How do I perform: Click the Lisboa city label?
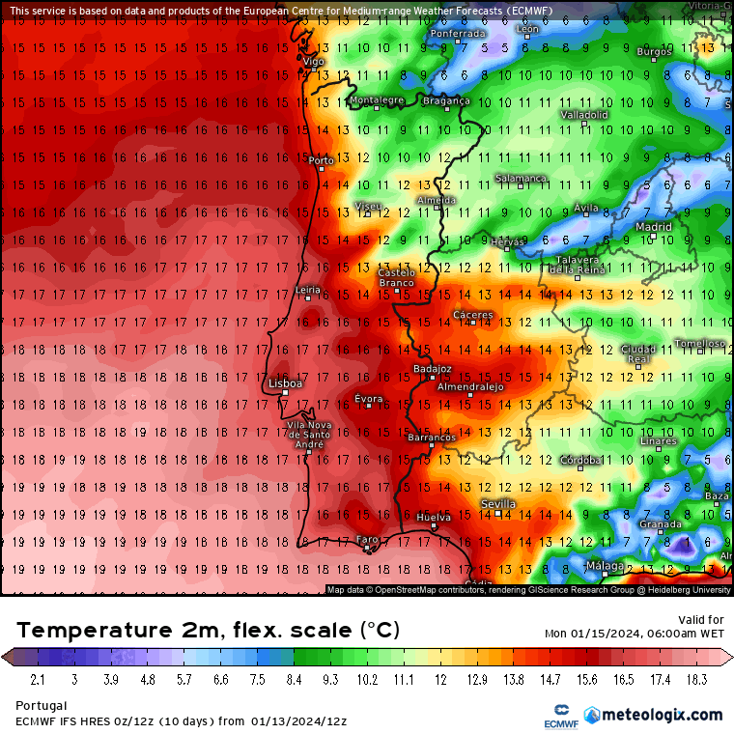(285, 383)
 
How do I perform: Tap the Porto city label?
(320, 161)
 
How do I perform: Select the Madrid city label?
(654, 227)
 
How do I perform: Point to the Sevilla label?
(498, 504)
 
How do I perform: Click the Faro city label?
(367, 540)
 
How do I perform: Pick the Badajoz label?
(432, 368)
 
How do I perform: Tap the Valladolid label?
(584, 114)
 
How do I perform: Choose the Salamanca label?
(521, 178)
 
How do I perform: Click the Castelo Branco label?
(396, 278)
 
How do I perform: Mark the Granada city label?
(661, 524)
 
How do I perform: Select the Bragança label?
(446, 100)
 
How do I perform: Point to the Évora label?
(368, 399)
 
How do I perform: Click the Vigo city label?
(314, 61)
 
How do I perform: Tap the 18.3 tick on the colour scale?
(697, 680)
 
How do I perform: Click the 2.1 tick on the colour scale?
(38, 680)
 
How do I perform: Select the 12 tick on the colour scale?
(440, 680)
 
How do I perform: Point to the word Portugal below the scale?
(42, 706)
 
